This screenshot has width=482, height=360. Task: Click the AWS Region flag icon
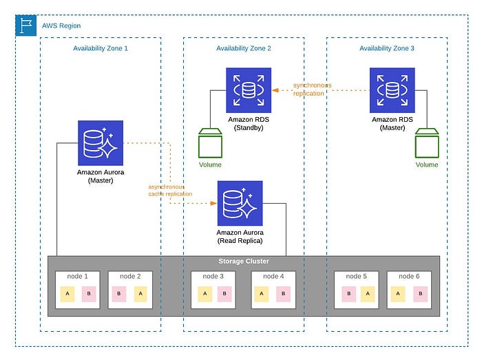[26, 25]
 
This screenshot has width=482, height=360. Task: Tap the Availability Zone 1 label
[101, 48]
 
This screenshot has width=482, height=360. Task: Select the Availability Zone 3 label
[387, 48]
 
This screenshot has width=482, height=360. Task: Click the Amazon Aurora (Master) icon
[101, 143]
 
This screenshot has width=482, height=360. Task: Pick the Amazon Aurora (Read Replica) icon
[240, 203]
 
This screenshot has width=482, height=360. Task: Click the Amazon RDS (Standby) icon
[249, 90]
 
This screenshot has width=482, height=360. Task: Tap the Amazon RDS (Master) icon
[392, 90]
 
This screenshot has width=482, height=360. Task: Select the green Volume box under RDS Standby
[210, 143]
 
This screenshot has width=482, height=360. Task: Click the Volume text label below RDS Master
[427, 165]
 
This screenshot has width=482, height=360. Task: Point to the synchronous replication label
[313, 89]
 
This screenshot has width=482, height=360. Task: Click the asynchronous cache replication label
[170, 191]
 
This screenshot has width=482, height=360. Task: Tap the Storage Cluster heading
[244, 261]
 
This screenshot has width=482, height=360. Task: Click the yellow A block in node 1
[67, 294]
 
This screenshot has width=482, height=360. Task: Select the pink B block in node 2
[119, 294]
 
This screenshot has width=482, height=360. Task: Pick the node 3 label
[213, 276]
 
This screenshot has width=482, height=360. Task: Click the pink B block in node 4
[283, 294]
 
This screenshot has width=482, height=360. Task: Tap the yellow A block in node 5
[368, 294]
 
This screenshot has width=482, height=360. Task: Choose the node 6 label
[409, 276]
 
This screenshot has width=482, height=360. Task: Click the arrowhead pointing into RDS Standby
[275, 90]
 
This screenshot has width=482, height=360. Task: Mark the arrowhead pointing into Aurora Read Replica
[213, 203]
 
